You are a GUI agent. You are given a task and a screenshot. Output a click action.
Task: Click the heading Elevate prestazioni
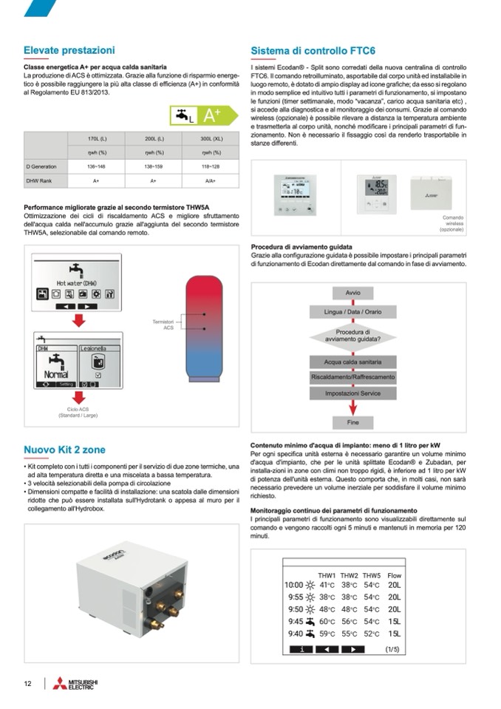69,50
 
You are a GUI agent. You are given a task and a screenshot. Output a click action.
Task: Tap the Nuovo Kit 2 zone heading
64,450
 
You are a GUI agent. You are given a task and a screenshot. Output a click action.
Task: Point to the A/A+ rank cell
211,180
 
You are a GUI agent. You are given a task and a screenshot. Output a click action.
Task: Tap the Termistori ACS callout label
163,325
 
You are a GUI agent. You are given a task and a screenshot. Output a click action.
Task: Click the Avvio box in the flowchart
353,294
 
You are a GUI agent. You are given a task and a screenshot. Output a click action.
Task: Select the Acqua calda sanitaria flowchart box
353,362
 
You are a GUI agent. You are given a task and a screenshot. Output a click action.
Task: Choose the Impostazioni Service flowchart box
353,393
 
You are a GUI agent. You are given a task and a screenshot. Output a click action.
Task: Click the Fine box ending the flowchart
353,422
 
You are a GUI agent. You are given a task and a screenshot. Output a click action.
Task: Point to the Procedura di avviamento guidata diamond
353,336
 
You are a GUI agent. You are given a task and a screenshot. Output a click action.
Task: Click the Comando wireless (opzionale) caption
452,223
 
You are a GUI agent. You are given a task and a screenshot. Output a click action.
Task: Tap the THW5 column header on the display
372,574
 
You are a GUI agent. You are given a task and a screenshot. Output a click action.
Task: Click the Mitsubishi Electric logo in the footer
75,684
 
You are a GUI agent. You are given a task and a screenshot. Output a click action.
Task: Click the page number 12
27,684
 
